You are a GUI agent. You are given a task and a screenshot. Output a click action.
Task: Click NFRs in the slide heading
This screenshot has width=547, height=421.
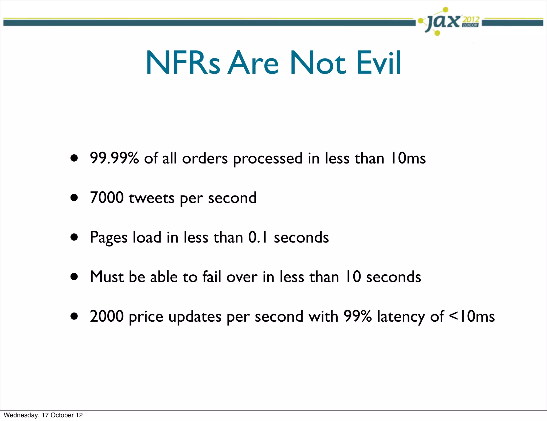(183, 63)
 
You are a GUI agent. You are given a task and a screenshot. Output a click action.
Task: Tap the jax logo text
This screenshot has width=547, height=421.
(443, 21)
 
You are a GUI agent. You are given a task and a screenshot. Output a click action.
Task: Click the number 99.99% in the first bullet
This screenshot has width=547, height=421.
(114, 158)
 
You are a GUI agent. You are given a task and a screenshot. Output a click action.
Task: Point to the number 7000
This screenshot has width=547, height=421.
(107, 198)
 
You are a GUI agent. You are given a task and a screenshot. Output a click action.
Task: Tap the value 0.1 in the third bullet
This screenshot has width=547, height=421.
(258, 237)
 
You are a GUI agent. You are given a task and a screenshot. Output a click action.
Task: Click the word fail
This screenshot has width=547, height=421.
(212, 276)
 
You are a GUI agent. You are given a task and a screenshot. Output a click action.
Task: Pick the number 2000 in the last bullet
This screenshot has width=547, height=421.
(107, 316)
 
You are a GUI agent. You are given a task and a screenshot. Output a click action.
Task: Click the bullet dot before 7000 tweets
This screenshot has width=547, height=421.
(74, 198)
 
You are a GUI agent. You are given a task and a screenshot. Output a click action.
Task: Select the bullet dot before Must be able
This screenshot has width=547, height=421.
(74, 277)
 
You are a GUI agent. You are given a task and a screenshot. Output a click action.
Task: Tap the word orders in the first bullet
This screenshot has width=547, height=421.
(205, 158)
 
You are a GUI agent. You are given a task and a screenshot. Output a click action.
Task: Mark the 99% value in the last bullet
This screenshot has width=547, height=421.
(357, 316)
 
